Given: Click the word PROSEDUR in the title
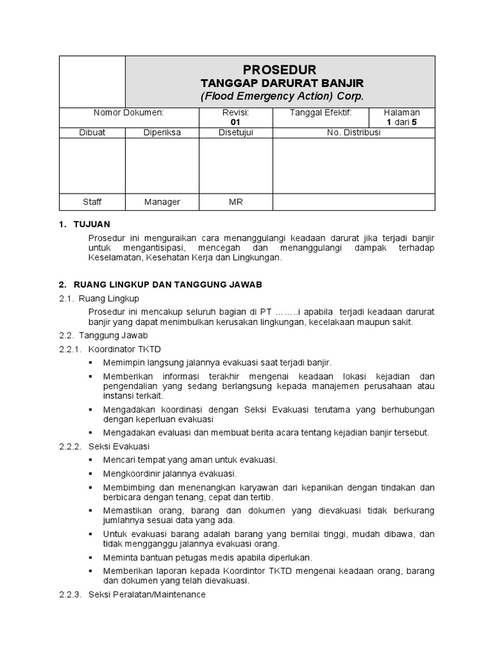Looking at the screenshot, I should [x=280, y=69].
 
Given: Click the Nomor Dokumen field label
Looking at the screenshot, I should [x=129, y=112].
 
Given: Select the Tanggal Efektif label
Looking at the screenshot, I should [x=320, y=112].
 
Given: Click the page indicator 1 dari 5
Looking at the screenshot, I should [x=402, y=122].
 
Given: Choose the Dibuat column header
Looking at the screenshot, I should [x=92, y=133].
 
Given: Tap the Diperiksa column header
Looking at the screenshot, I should [x=162, y=133].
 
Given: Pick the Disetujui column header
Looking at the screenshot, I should [x=236, y=133].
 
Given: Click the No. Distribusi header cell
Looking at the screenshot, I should [x=353, y=133].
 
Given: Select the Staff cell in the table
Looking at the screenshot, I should [x=92, y=202].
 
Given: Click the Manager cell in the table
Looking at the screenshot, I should [x=162, y=202].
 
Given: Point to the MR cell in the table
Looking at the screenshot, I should [x=236, y=202].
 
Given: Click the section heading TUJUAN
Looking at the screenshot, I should [x=92, y=224].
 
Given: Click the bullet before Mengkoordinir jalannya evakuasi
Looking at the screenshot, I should [x=91, y=474].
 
